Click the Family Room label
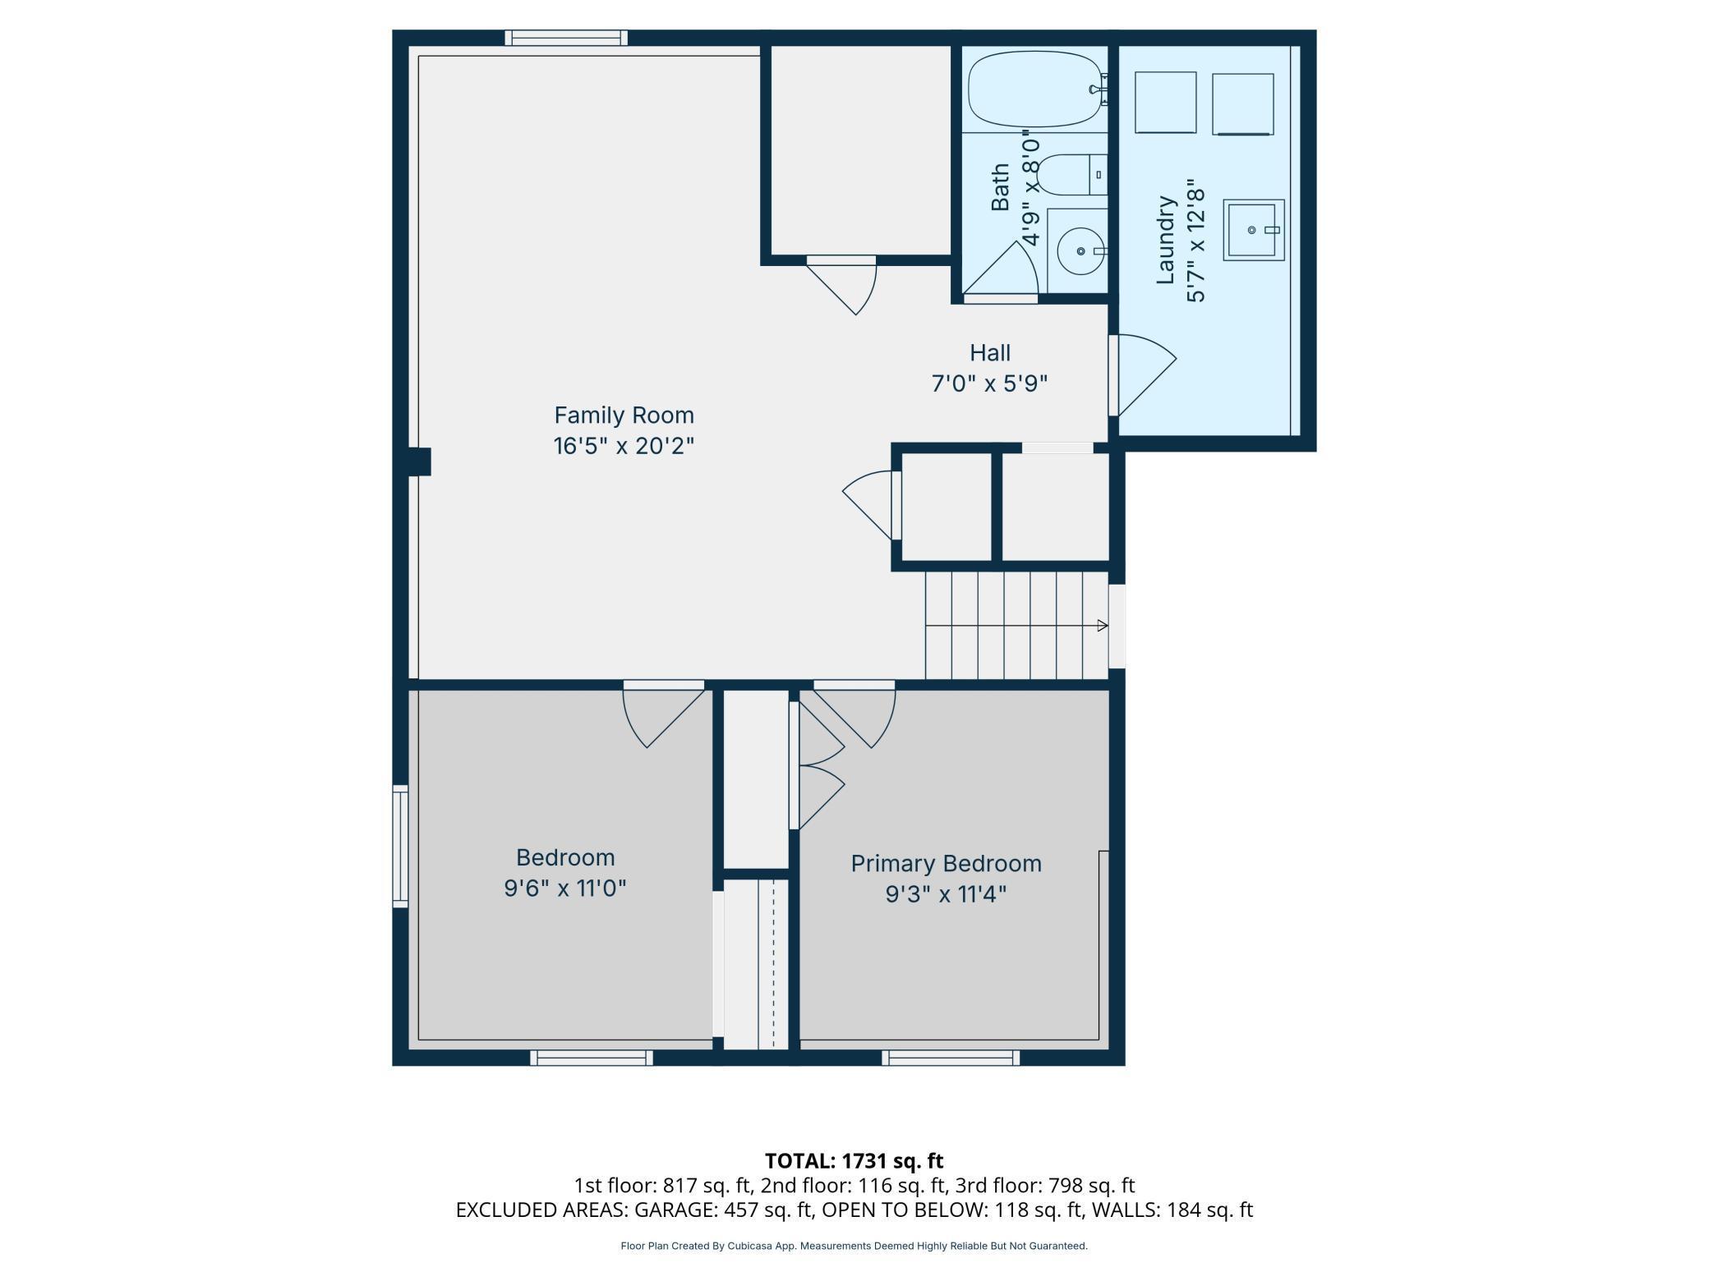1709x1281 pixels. pyautogui.click(x=624, y=415)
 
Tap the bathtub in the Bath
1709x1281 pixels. pyautogui.click(x=1038, y=89)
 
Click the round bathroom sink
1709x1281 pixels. pyautogui.click(x=1080, y=250)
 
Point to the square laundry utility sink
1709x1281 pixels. pyautogui.click(x=1253, y=230)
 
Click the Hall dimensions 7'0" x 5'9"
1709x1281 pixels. pyautogui.click(x=989, y=383)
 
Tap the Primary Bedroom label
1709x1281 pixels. pyautogui.click(x=946, y=863)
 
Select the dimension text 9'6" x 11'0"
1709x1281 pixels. pyautogui.click(x=565, y=888)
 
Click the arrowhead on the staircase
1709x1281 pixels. pyautogui.click(x=1103, y=626)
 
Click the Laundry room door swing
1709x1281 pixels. pyautogui.click(x=1144, y=374)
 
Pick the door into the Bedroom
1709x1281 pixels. pyautogui.click(x=664, y=714)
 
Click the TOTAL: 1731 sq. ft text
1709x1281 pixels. pyautogui.click(x=854, y=1161)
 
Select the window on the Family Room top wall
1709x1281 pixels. pyautogui.click(x=566, y=38)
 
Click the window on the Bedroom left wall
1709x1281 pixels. pyautogui.click(x=400, y=846)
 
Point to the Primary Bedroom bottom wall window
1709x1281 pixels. pyautogui.click(x=951, y=1058)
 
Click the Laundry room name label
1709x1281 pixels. pyautogui.click(x=1165, y=240)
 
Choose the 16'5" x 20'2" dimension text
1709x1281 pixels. pyautogui.click(x=624, y=446)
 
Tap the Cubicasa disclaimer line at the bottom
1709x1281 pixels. pyautogui.click(x=854, y=1246)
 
